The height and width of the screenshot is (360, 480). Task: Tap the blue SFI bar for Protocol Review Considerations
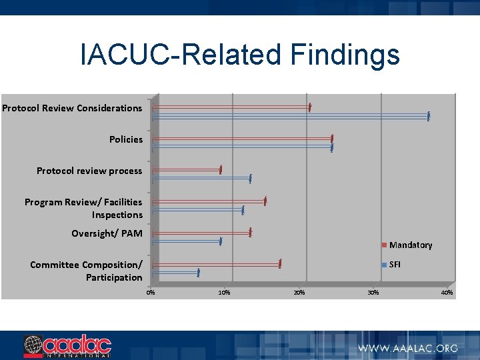(291, 116)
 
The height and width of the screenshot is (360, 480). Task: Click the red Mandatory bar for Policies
(242, 138)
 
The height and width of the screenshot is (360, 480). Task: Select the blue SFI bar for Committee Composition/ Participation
(175, 273)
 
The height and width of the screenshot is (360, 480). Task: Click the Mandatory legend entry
(407, 245)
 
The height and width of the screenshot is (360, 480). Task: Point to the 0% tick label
(151, 293)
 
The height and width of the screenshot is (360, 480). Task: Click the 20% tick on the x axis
(299, 293)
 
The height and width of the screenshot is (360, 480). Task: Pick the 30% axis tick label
(373, 293)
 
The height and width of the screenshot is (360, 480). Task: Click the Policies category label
(126, 139)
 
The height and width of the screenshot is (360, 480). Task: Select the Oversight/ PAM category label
(107, 233)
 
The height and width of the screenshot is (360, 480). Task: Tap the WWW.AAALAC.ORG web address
(408, 348)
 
